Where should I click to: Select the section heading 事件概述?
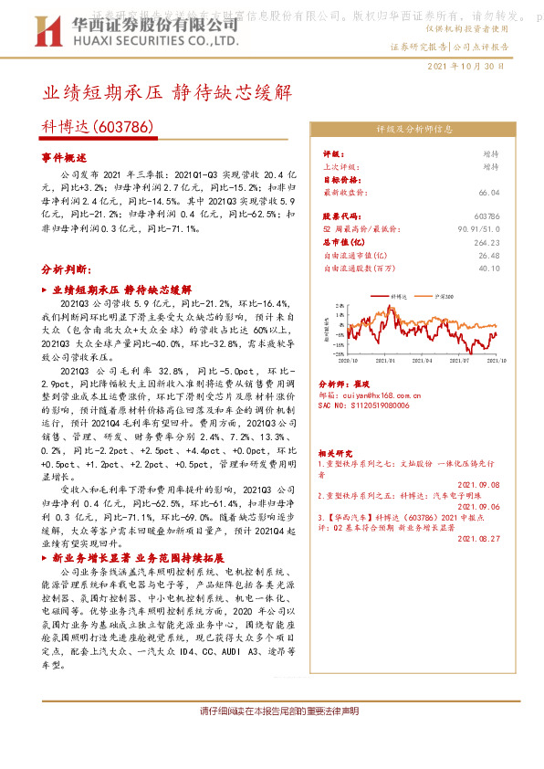coord(63,158)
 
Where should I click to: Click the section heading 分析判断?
coord(66,271)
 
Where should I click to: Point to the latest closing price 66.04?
coord(489,193)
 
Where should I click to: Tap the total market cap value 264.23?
coord(487,243)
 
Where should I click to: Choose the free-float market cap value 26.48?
coord(489,256)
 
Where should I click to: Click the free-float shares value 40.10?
coord(489,269)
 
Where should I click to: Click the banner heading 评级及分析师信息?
coord(409,129)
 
